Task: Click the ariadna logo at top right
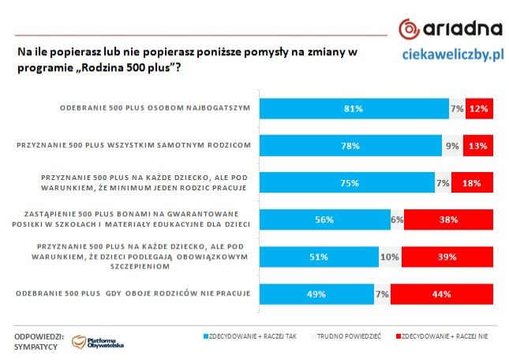coord(450,30)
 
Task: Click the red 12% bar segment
coord(479,108)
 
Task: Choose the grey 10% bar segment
coord(390,257)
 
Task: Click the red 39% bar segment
coord(447,257)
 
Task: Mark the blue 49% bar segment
coord(316,294)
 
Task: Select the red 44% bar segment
coord(442,294)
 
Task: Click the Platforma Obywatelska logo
coord(99,342)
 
